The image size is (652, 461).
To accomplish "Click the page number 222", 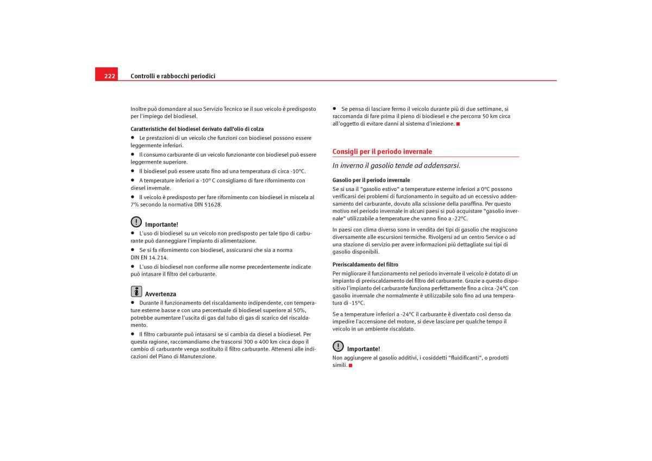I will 110,76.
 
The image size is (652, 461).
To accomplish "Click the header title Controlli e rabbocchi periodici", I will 173,76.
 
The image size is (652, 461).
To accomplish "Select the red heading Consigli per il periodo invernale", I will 382,152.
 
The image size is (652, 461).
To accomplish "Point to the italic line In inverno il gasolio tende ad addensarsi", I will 396,165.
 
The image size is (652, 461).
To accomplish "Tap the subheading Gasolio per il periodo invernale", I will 371,180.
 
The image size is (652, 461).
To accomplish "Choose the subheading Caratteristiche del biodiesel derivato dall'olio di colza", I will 197,129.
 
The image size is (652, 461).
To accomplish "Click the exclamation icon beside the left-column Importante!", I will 136,222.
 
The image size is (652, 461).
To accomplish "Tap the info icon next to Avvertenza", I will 136,291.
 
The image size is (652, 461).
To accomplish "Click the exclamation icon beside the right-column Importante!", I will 338,346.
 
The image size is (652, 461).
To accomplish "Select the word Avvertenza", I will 160,294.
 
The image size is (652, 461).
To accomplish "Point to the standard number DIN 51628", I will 208,205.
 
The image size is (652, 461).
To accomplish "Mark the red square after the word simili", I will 350,365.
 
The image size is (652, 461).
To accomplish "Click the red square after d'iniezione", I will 458,124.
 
